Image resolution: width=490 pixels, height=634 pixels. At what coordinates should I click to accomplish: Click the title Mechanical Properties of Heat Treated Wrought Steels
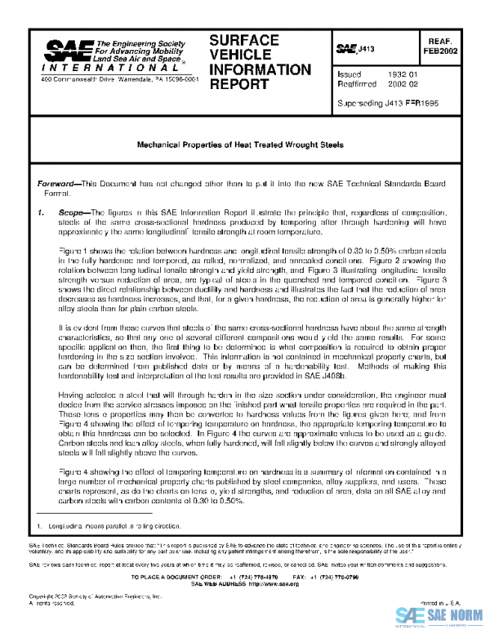[239, 145]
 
